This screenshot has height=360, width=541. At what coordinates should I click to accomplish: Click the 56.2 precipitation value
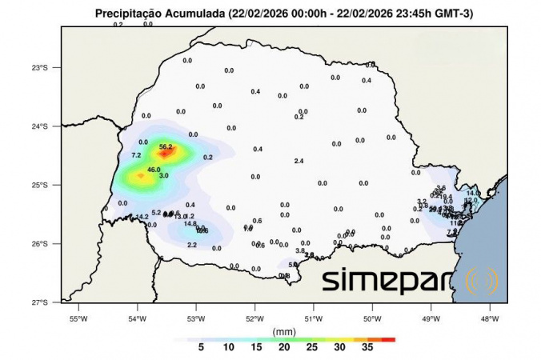166,146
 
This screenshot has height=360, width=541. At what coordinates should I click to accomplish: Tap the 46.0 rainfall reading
154,170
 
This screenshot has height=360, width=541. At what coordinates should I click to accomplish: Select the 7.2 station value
136,155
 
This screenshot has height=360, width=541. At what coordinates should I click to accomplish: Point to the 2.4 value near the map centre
299,162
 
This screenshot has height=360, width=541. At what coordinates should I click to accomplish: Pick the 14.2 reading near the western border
142,217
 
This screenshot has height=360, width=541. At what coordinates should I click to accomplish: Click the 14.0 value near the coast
472,193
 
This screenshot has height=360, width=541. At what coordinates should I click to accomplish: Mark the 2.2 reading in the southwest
192,245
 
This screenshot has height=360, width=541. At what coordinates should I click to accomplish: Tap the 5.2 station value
156,213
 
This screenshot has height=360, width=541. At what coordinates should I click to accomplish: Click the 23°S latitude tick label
40,67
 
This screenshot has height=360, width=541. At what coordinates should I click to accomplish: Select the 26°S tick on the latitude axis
40,244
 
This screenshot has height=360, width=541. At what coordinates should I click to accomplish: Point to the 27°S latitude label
40,302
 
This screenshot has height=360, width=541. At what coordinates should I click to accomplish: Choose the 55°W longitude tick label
78,318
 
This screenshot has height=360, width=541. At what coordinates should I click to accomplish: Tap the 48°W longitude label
489,318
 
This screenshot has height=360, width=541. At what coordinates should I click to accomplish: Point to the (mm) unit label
284,330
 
